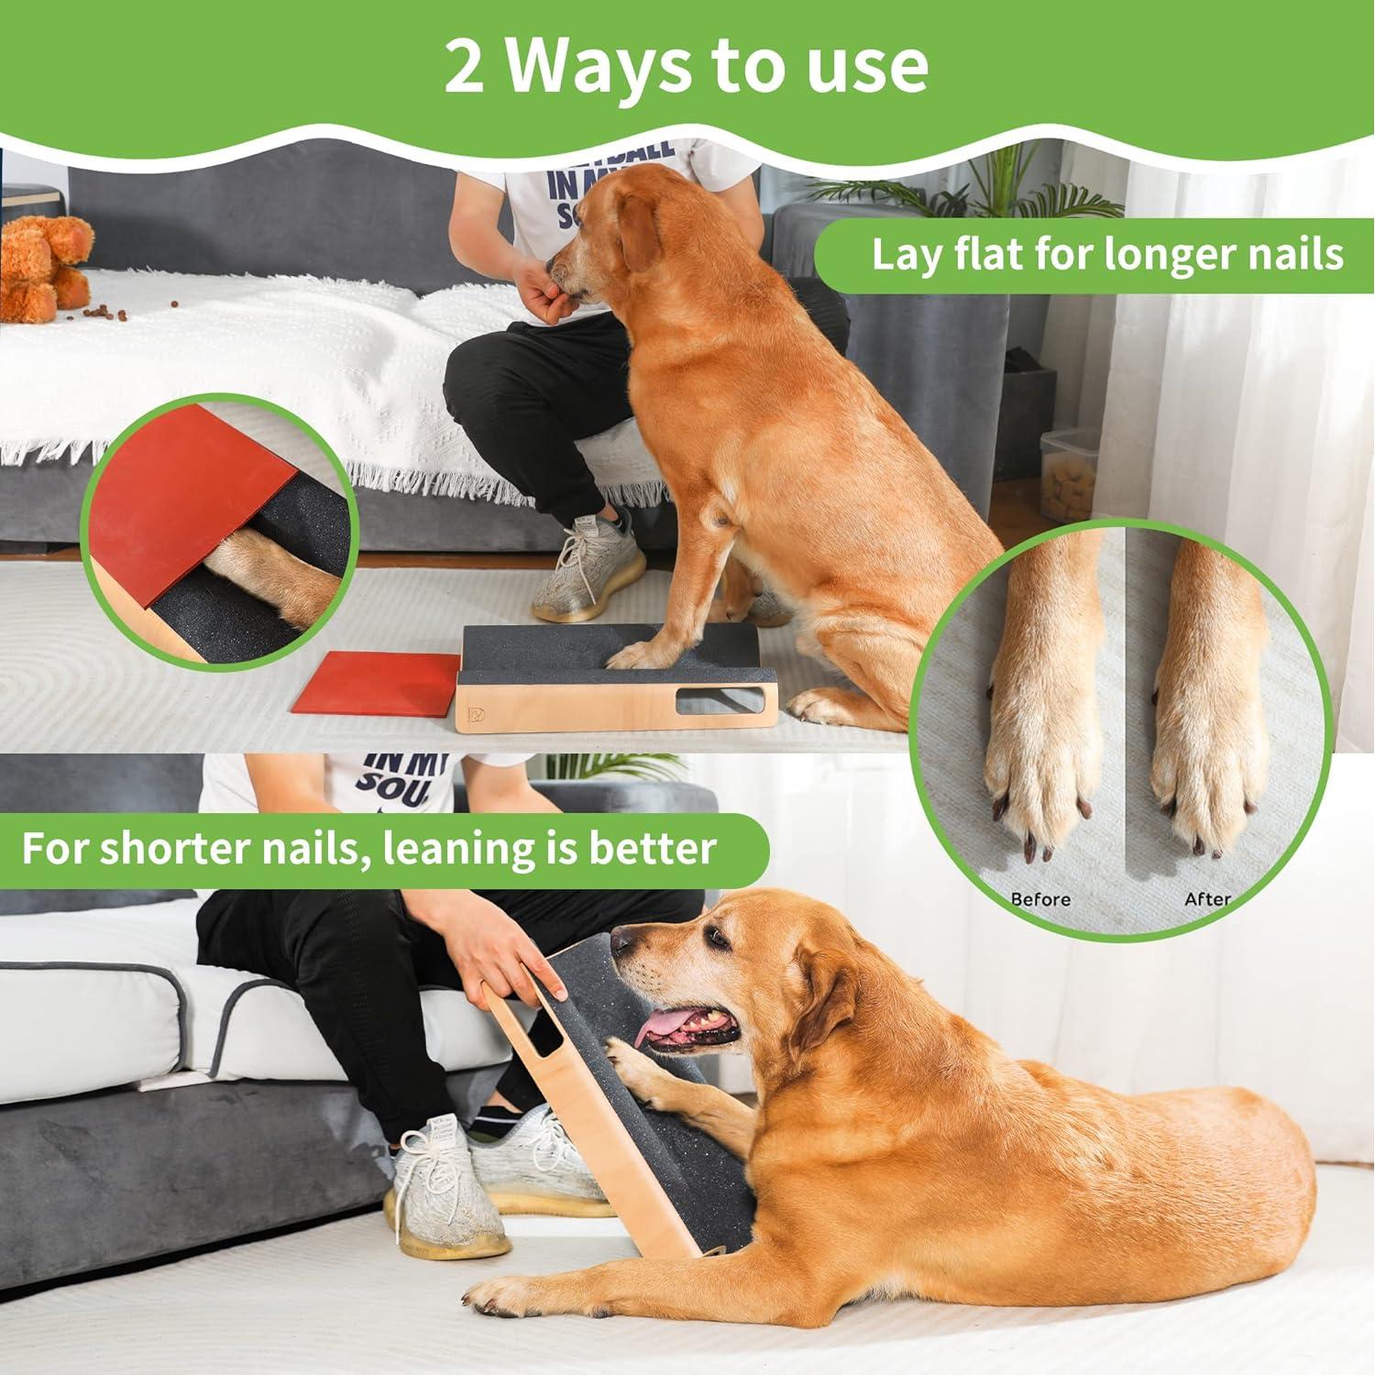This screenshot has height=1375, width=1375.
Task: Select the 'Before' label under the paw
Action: [1040, 899]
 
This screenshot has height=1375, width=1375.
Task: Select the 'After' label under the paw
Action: [1207, 899]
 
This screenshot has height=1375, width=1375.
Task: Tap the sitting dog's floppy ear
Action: [646, 247]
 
